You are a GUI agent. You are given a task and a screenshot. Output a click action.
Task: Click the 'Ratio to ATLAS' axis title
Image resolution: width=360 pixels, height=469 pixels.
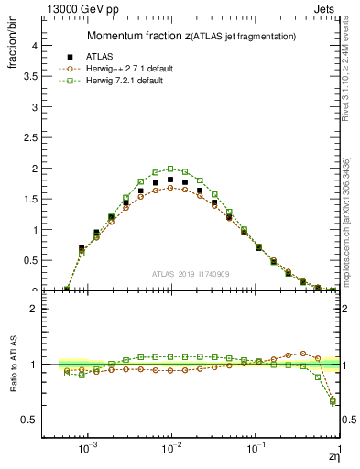tap(12, 365)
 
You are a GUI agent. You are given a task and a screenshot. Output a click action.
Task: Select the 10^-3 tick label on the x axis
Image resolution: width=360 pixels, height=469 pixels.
tap(88, 449)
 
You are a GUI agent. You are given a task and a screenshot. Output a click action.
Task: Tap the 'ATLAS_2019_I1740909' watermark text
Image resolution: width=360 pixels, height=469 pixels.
tap(189, 274)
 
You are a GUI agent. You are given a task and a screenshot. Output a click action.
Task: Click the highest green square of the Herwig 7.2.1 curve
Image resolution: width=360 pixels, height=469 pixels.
tap(170, 169)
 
